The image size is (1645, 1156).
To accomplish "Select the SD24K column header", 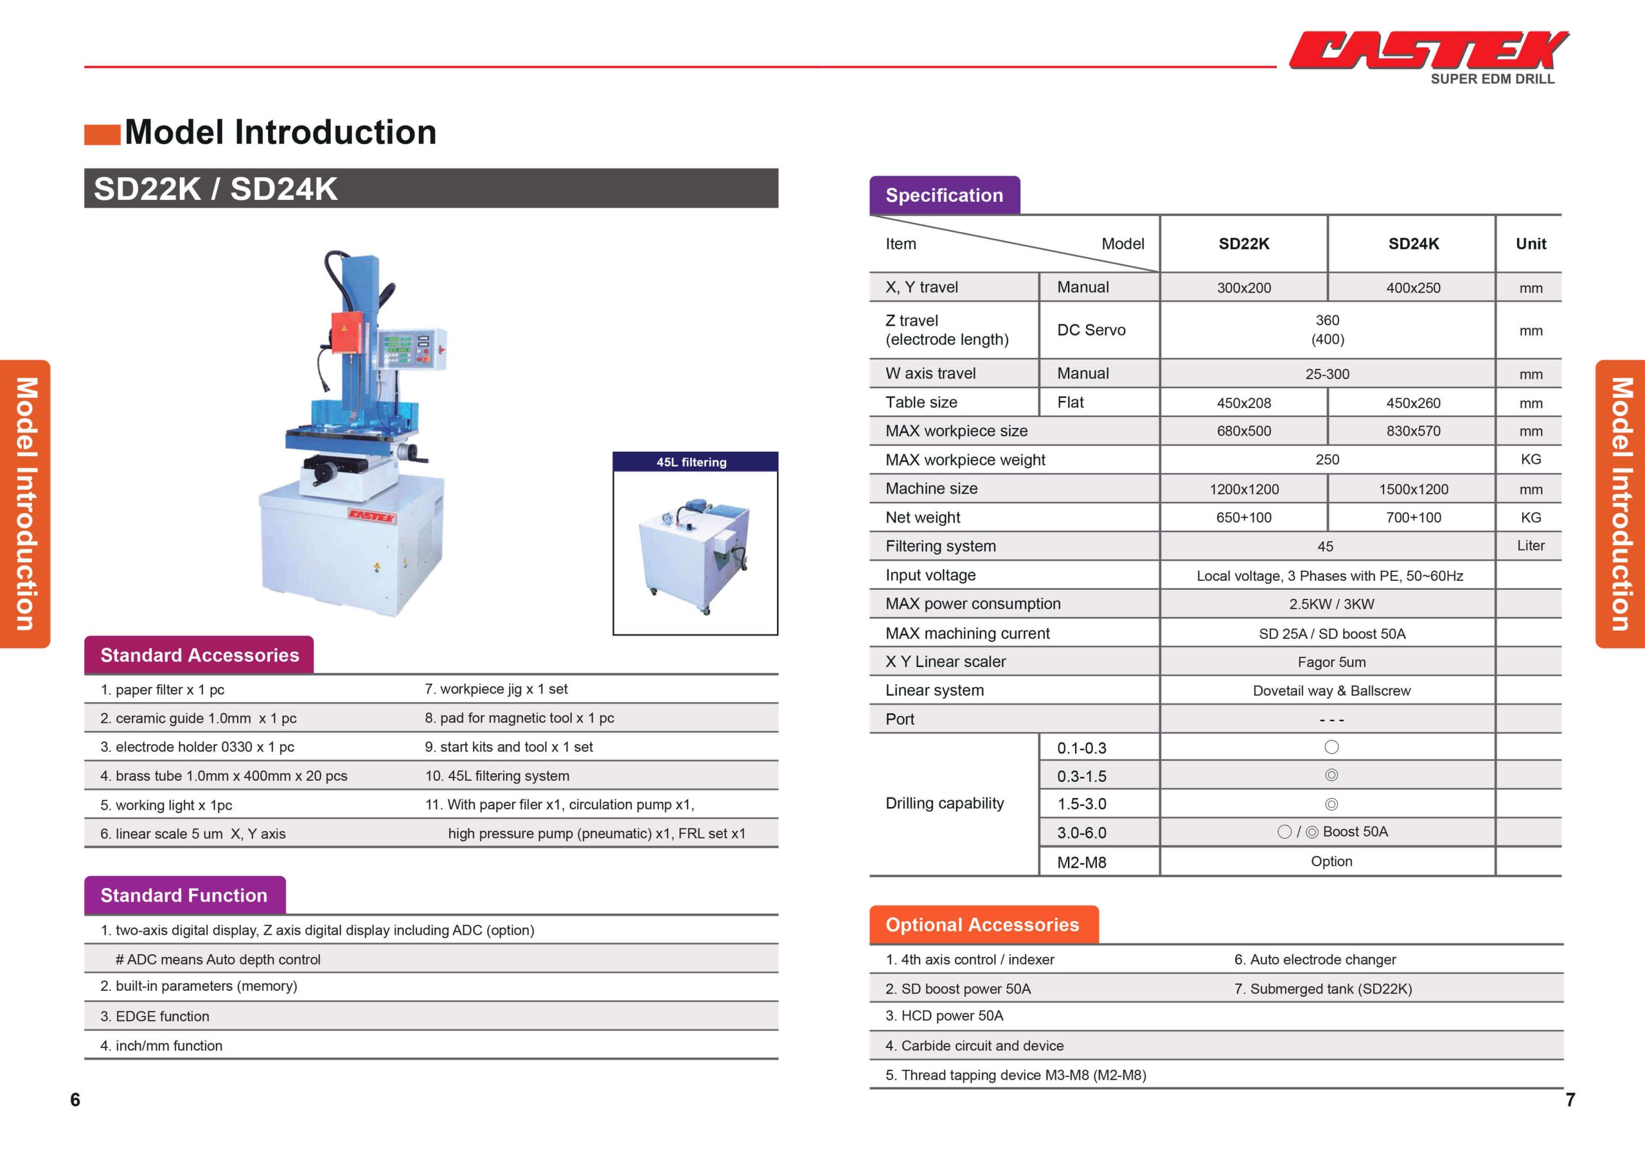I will [x=1413, y=244].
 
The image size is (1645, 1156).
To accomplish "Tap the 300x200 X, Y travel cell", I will [x=1244, y=288].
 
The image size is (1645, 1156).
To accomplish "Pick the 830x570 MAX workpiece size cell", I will [x=1413, y=431].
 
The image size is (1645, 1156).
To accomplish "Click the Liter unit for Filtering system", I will [x=1531, y=546].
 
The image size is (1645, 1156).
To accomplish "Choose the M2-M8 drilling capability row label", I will [x=1082, y=862].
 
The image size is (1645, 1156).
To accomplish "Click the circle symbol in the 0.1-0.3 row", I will [x=1331, y=747].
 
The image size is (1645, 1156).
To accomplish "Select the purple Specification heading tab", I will [x=945, y=195].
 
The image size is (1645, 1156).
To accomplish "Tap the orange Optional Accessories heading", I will [x=983, y=925].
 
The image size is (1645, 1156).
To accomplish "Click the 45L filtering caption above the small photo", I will [x=691, y=462].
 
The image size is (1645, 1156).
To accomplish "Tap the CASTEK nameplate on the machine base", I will [x=372, y=516].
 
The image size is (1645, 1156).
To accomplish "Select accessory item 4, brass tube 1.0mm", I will [x=224, y=776].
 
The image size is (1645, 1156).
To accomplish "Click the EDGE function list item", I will [x=155, y=1017].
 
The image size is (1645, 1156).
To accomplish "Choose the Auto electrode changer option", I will [x=1315, y=959].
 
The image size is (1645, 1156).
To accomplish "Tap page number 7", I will [x=1570, y=1100].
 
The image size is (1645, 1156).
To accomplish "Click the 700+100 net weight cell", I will [x=1413, y=517].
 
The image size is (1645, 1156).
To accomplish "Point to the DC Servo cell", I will [x=1091, y=330].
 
